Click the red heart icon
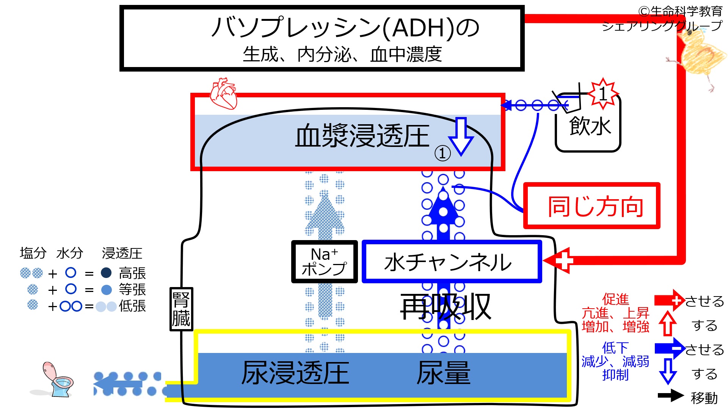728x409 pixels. point(224,94)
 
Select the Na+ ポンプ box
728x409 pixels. point(324,262)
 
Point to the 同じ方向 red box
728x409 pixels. point(591,206)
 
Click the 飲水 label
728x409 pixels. point(590,126)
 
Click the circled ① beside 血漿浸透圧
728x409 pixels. point(442,153)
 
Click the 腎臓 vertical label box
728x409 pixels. point(181,309)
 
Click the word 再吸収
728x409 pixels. point(446,307)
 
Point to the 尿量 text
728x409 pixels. point(444,373)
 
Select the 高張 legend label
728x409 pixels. point(132,273)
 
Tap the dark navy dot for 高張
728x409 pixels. point(106,273)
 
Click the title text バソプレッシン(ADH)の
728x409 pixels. point(345,28)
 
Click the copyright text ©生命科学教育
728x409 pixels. point(680,11)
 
